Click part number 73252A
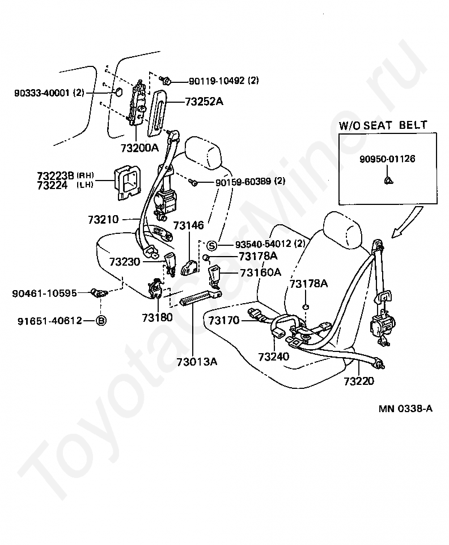click(204, 102)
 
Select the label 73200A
click(139, 148)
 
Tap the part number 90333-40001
click(43, 92)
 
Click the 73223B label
click(56, 175)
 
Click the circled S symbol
click(211, 245)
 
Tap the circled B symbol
click(101, 321)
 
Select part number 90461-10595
click(44, 293)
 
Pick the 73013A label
click(193, 361)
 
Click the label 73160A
click(260, 272)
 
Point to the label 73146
click(188, 226)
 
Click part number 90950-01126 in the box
click(387, 159)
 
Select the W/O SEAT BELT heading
click(383, 125)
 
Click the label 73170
click(224, 321)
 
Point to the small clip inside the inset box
click(388, 180)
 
